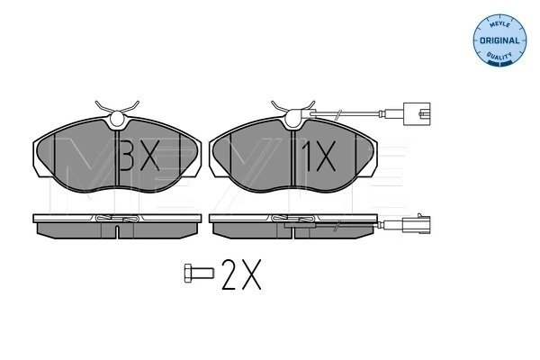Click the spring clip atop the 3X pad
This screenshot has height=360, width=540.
118,111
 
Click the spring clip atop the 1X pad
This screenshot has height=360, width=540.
293,111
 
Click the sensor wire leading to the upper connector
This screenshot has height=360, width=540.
351,113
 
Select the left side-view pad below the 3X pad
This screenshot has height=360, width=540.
118,224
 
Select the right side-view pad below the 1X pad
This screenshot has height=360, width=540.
293,224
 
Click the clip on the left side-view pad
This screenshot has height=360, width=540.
118,219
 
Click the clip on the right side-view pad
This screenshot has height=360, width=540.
293,219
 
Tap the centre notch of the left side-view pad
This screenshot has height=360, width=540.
118,230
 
